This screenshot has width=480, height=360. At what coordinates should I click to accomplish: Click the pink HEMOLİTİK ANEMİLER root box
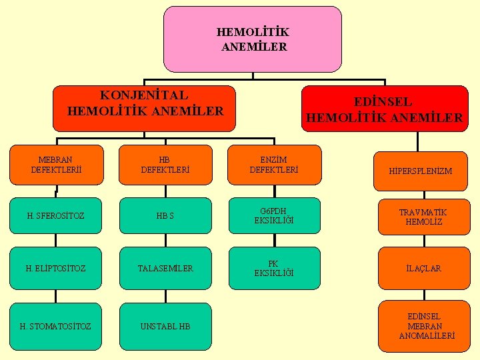point(252,39)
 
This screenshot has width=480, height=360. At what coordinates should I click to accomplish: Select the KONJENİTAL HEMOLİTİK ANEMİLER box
point(145,108)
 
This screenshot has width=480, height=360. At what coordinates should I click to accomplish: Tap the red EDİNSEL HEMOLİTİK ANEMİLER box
point(385,109)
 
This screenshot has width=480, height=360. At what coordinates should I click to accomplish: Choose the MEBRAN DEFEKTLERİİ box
point(57,165)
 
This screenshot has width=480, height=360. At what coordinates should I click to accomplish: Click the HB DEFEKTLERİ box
point(165,165)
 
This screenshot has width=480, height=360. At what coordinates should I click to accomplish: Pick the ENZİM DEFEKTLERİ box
point(274,165)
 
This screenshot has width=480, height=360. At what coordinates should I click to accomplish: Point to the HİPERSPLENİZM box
point(421,171)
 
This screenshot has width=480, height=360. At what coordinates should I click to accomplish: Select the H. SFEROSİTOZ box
point(55,215)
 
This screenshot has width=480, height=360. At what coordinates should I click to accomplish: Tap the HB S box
point(165,215)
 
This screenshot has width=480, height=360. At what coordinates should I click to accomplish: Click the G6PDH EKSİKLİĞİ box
point(274,215)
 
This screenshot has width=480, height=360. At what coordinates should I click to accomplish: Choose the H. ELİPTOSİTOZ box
point(55,268)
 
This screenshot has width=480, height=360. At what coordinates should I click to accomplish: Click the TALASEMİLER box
point(165,268)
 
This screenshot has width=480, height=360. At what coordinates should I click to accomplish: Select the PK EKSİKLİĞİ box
point(273,268)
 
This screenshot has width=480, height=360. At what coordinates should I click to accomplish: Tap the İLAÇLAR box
point(422,268)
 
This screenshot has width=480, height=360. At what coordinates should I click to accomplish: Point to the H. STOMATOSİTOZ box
point(55,326)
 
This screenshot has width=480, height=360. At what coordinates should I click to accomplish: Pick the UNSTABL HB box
point(165,326)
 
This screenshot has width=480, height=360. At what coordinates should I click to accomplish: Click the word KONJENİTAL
point(144,96)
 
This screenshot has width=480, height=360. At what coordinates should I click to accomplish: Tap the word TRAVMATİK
point(423,212)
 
